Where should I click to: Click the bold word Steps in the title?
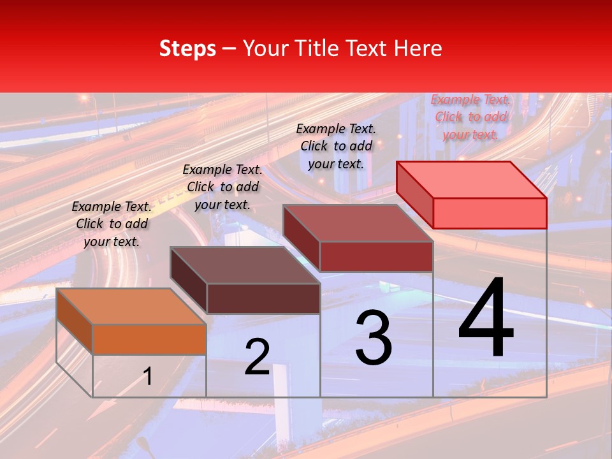[187, 48]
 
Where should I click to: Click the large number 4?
[486, 319]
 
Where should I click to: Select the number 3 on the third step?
[374, 338]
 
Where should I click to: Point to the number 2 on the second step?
[258, 357]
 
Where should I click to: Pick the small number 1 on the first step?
[148, 377]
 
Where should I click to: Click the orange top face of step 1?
[131, 307]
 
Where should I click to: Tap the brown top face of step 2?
[245, 265]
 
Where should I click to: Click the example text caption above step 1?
[112, 224]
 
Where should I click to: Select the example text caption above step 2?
[222, 187]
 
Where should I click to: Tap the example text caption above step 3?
[336, 146]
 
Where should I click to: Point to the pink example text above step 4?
[471, 117]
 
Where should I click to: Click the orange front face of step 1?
[149, 339]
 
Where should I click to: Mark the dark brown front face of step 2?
[263, 298]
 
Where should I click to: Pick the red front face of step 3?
[376, 257]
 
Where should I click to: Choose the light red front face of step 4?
[490, 213]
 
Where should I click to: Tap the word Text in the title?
[368, 48]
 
